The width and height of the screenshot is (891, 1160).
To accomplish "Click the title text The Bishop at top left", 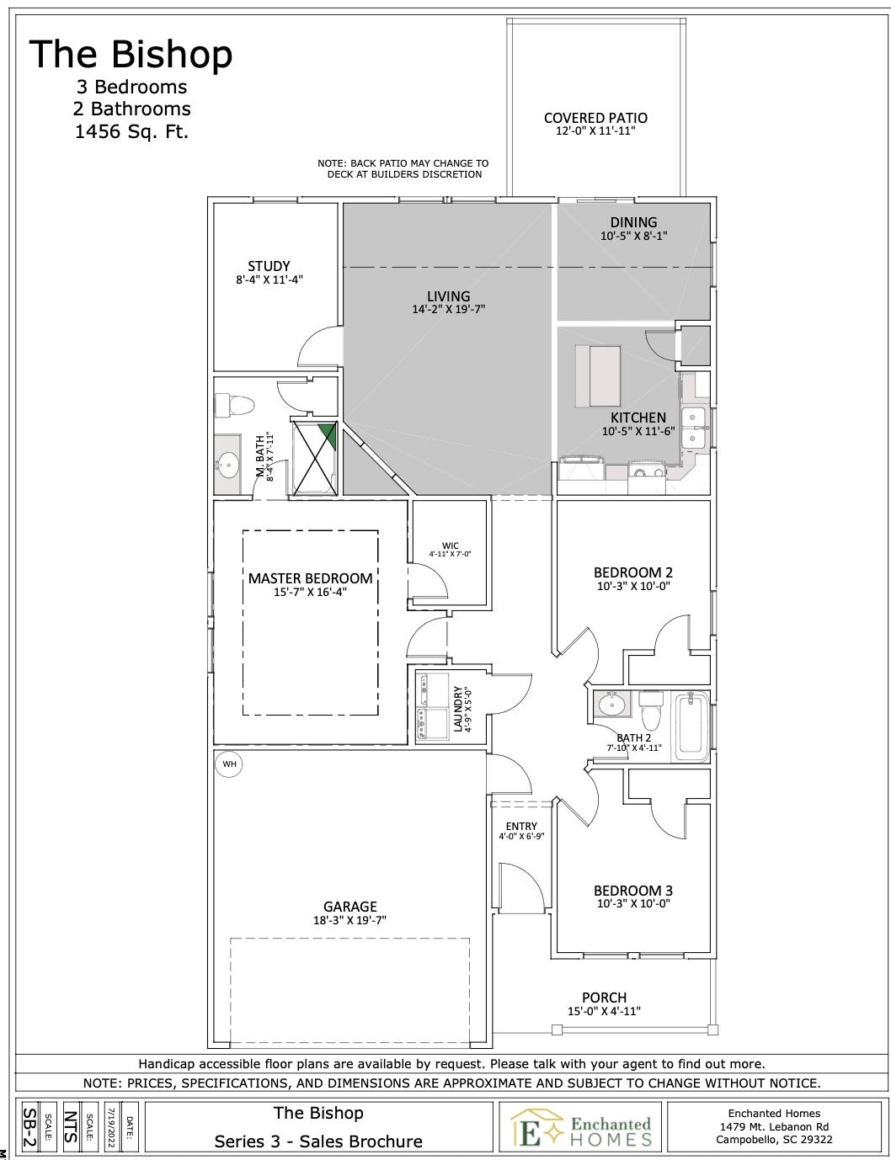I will pos(131,55).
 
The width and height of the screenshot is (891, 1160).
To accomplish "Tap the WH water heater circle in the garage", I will pos(228,764).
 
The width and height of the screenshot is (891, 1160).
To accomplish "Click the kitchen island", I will pos(598,375).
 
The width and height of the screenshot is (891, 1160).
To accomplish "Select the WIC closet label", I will pos(450,545).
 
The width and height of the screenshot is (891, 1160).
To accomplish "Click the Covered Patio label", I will pos(595,118).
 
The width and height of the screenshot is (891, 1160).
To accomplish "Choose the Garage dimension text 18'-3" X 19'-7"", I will pos(349,920).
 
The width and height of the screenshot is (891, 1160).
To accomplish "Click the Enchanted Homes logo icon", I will pos(537,1127).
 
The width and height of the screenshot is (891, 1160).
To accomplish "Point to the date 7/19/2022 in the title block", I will pos(110,1127).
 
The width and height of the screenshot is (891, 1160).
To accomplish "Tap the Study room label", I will pos(269,266).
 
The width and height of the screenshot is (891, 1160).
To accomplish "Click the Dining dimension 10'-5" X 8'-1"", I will pos(633,237).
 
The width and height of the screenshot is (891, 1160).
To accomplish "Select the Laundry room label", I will pos(458,709).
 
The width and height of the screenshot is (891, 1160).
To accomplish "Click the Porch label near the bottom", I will pos(604,998).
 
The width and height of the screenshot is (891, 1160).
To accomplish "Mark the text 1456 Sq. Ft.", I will pos(131,131).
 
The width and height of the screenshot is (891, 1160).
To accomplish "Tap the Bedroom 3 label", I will pos(632,891).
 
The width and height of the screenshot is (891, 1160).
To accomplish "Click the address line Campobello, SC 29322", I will pos(774,1140).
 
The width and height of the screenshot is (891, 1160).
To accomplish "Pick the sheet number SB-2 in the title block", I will pos(28,1127).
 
